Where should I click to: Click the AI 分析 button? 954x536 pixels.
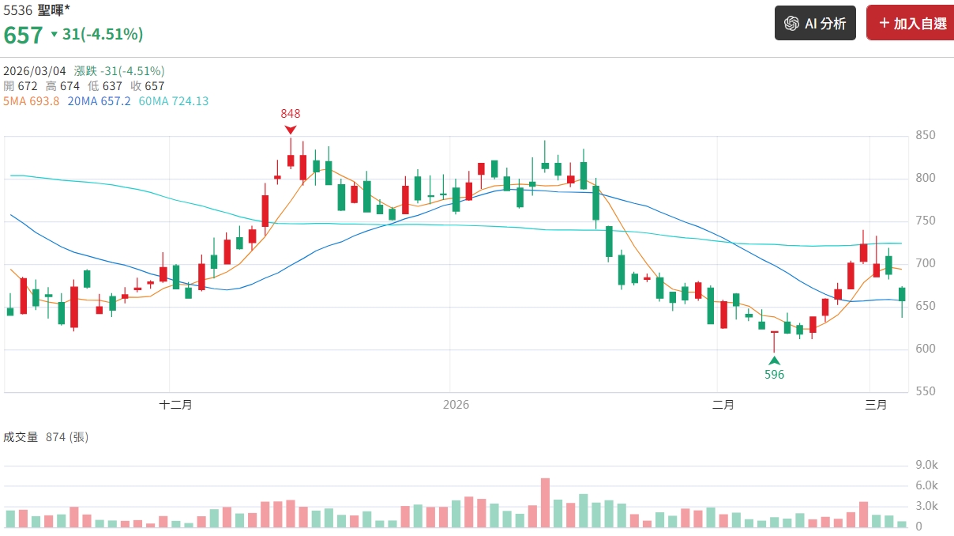[815, 24]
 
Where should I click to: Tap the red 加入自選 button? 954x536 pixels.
[911, 24]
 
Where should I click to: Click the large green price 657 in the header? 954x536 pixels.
[23, 35]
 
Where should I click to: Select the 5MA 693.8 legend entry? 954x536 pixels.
[32, 101]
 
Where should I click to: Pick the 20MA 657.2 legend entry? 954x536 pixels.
[100, 101]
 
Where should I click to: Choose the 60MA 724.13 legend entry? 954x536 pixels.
[174, 101]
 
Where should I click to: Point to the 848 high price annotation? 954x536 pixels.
[291, 114]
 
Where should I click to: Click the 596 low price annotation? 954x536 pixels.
[775, 375]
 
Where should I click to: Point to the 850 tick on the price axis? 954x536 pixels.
[925, 136]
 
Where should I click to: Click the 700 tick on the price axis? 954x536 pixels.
[925, 263]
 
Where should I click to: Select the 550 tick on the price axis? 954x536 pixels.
[925, 391]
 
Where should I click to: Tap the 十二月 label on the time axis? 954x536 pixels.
[175, 405]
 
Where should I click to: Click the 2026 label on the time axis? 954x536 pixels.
[456, 405]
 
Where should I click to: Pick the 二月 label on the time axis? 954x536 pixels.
[723, 405]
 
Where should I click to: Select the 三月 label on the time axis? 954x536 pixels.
[876, 405]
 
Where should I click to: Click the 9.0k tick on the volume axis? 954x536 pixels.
[926, 465]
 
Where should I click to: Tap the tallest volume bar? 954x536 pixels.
[545, 503]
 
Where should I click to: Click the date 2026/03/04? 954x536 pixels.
[35, 70]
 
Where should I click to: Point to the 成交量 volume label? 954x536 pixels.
[21, 437]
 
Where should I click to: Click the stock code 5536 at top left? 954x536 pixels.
[18, 11]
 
